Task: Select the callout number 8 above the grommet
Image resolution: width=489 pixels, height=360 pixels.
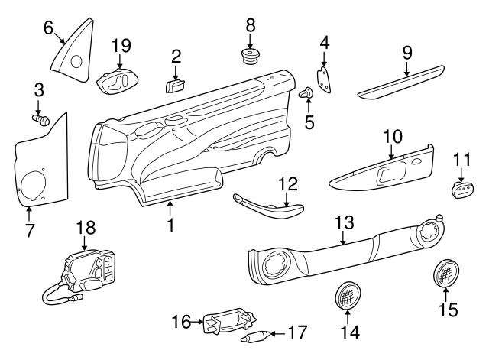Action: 251,26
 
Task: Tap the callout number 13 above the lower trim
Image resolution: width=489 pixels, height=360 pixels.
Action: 345,222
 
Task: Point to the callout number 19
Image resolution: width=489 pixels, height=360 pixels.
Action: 121,47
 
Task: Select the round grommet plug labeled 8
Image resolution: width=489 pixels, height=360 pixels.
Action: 251,57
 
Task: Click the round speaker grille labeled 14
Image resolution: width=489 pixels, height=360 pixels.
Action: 348,294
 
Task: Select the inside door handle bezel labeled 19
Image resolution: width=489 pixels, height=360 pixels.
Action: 118,80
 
